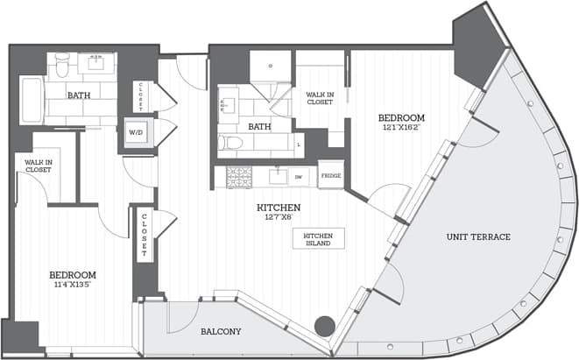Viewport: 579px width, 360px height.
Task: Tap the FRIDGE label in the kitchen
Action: point(330,175)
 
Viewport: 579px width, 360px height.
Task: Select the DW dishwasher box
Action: point(300,176)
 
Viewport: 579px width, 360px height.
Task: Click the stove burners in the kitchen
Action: point(239,176)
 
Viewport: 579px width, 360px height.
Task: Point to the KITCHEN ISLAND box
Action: point(318,238)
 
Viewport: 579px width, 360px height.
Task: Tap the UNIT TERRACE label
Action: point(478,237)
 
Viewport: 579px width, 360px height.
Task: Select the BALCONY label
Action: point(220,332)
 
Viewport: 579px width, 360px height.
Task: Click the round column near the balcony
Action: point(325,326)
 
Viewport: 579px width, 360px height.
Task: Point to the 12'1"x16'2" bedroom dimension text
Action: point(401,128)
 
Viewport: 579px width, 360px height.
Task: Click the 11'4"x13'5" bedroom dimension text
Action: point(73,285)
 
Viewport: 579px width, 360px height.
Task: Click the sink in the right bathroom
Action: point(224,105)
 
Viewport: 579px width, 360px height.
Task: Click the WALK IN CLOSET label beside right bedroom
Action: point(318,97)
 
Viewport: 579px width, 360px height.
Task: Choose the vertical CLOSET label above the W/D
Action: point(138,92)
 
